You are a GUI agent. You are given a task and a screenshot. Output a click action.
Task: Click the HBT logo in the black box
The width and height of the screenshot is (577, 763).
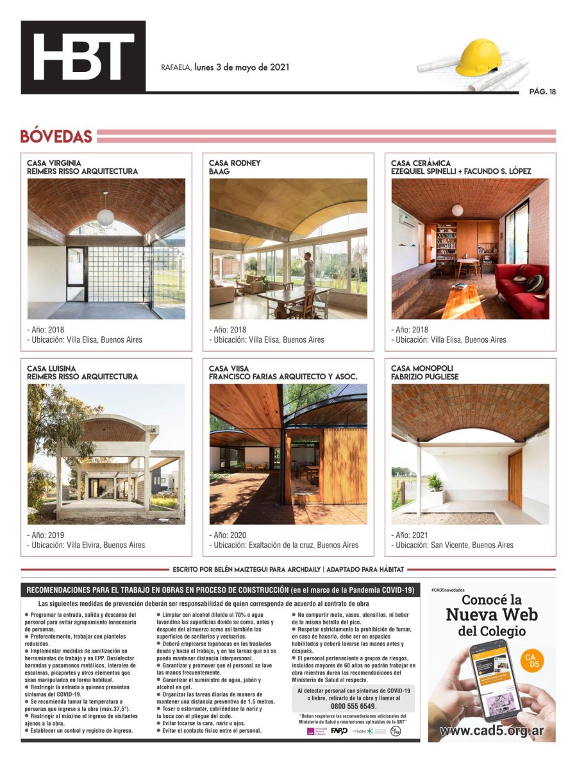pos(83,56)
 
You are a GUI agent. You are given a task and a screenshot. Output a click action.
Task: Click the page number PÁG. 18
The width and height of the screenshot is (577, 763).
pos(542,91)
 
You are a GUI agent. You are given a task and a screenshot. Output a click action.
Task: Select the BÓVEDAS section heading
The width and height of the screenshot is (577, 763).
pos(56,137)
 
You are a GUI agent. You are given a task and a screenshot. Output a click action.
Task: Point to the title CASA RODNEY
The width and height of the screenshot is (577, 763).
pos(235,163)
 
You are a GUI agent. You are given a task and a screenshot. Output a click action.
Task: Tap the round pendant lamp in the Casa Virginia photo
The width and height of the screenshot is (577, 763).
pos(105,216)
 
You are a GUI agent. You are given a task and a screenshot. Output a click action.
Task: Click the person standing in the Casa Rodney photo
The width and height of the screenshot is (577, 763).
pos(308,270)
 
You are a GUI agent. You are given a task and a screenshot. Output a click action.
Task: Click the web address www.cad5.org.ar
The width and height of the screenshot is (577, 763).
pos(492,731)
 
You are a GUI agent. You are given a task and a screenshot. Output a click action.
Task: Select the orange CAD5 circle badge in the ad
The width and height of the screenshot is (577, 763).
pos(531,661)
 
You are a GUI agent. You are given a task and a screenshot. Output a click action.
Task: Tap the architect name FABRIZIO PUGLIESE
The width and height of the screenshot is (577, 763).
pos(424,377)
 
